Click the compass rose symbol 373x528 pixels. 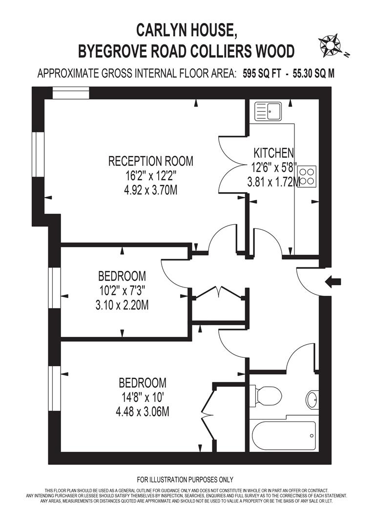(330, 45)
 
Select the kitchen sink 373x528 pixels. (268, 111)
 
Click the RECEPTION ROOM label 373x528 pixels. (150, 161)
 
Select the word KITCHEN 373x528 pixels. (273, 153)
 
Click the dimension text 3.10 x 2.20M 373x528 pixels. (122, 306)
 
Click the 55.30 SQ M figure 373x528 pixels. (313, 73)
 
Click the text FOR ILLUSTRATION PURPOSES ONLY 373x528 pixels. (185, 480)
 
